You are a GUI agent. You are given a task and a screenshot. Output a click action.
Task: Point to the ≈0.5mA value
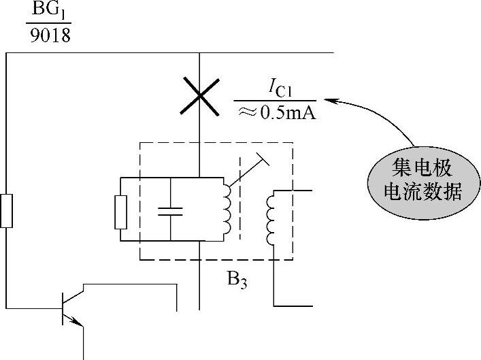pyautogui.click(x=275, y=112)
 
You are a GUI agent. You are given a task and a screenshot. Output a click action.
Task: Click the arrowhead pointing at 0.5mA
pyautogui.click(x=329, y=101)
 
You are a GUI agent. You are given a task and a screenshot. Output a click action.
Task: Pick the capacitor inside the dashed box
pyautogui.click(x=169, y=209)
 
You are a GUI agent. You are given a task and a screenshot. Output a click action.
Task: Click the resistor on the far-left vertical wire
pyautogui.click(x=6, y=210)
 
